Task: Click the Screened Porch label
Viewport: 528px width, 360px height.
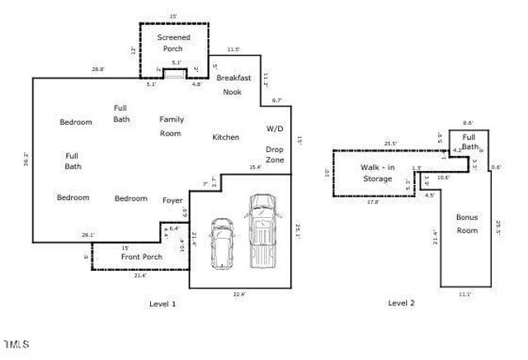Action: [x=173, y=43]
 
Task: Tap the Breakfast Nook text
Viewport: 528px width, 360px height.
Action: [x=233, y=84]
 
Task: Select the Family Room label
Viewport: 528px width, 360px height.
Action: [x=171, y=126]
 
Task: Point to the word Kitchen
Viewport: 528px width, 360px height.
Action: [x=225, y=137]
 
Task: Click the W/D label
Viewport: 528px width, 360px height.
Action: [x=274, y=130]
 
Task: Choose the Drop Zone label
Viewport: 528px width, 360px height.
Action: [x=275, y=154]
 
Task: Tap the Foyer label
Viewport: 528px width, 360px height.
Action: [x=172, y=199]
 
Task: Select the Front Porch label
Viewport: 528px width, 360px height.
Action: [x=142, y=257]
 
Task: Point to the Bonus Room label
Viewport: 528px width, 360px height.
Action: [x=467, y=224]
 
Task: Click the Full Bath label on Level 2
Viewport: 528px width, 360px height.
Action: [x=469, y=142]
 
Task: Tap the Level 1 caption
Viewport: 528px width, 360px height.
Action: [x=163, y=304]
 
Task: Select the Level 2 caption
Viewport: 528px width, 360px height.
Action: [x=401, y=303]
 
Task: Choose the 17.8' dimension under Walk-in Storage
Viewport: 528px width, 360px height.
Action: [x=372, y=201]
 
